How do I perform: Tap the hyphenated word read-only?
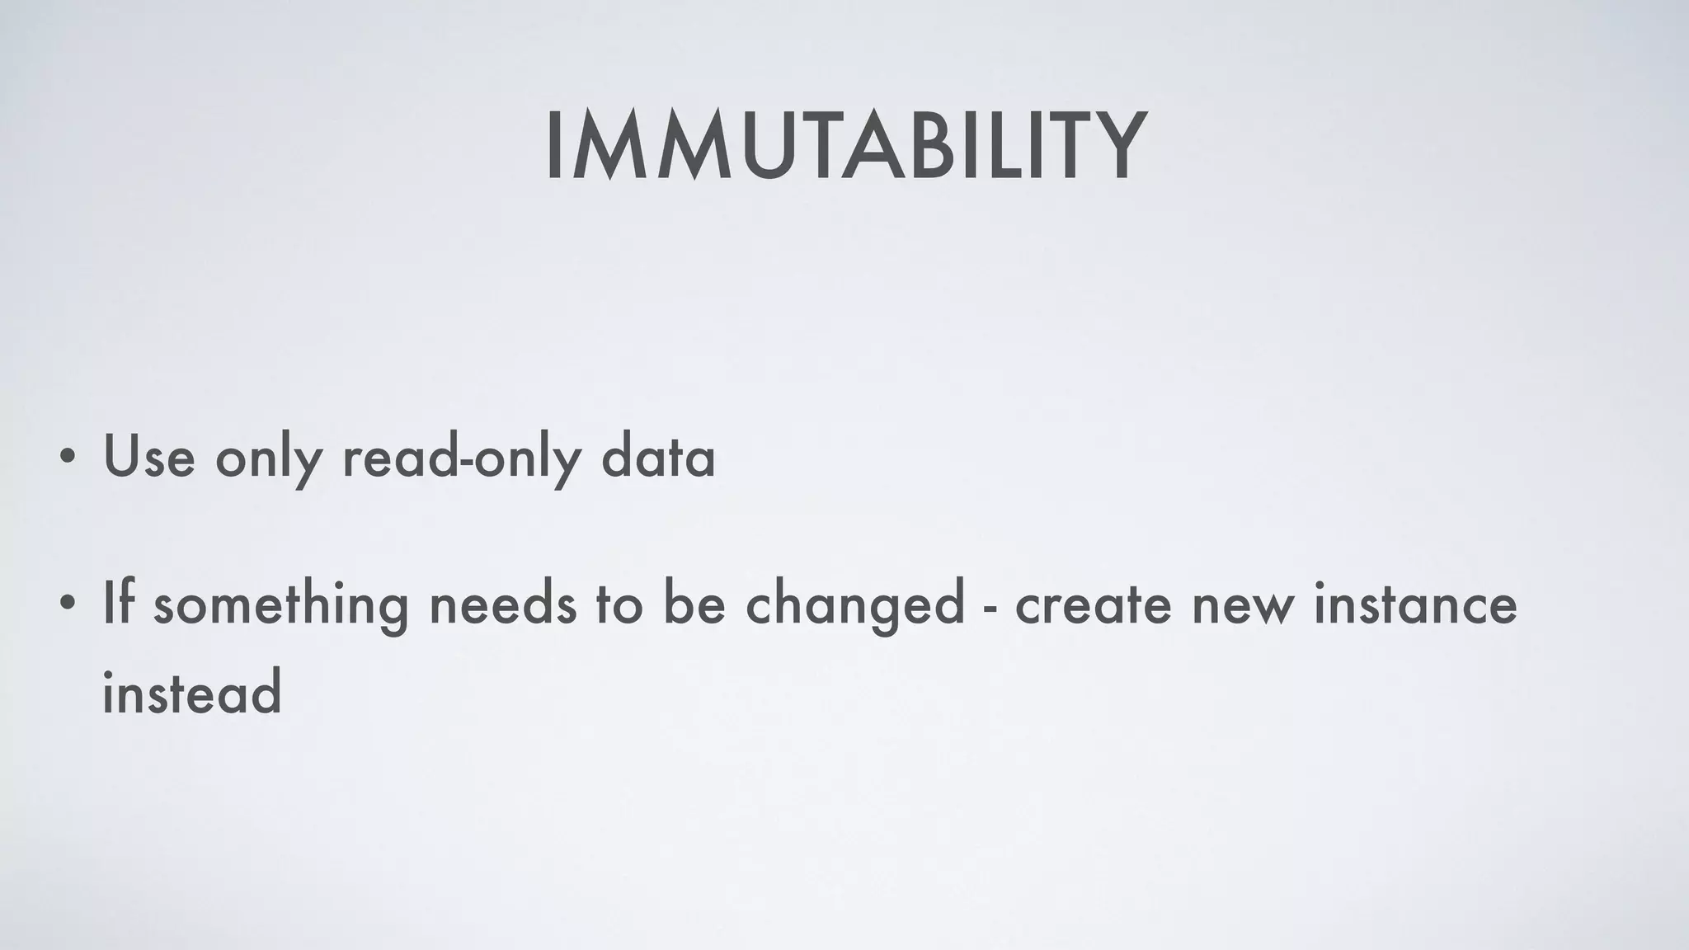point(462,458)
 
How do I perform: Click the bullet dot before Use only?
point(69,458)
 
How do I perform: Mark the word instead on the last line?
point(192,693)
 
